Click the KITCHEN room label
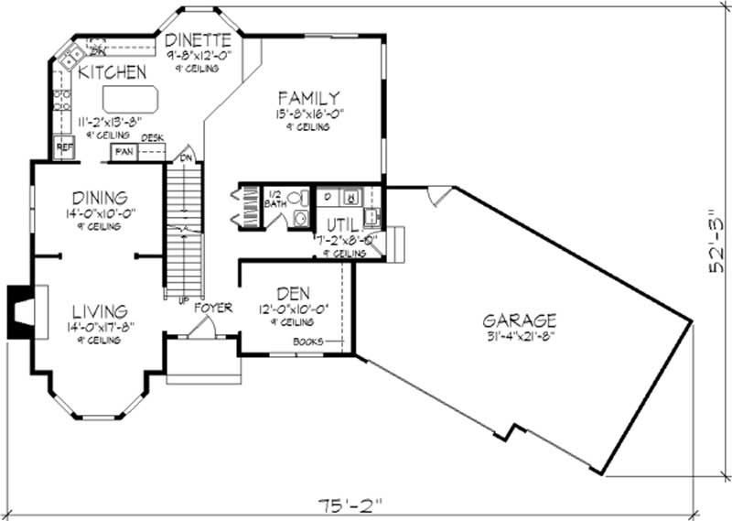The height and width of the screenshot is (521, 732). click(112, 71)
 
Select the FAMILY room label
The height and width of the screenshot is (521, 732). click(309, 97)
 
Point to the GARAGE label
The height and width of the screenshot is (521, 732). click(519, 320)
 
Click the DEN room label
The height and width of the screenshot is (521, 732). click(293, 294)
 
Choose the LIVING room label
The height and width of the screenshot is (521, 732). click(96, 312)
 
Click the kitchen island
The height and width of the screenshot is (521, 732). click(130, 97)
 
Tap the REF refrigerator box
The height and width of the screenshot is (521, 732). click(64, 147)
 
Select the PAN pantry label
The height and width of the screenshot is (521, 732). click(122, 152)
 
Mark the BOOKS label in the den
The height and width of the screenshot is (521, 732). click(307, 342)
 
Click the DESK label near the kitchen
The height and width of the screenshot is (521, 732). click(152, 138)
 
